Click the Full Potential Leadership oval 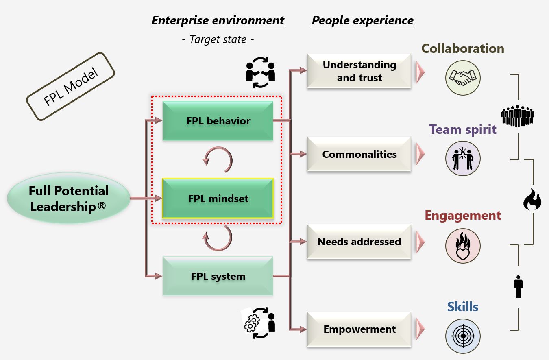(x=68, y=199)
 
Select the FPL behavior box (x=218, y=121)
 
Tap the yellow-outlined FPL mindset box (x=218, y=199)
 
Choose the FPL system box (x=218, y=276)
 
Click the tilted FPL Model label (x=70, y=86)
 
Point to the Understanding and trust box (x=359, y=71)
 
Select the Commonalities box (x=359, y=154)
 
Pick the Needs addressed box (x=359, y=242)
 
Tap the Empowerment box (x=359, y=329)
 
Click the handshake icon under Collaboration (x=463, y=77)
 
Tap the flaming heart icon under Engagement (x=463, y=246)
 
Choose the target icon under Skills (x=463, y=336)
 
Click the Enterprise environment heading (x=218, y=20)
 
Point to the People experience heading (x=362, y=20)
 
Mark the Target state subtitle (x=218, y=39)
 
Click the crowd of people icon (x=517, y=116)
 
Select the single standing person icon (x=518, y=287)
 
